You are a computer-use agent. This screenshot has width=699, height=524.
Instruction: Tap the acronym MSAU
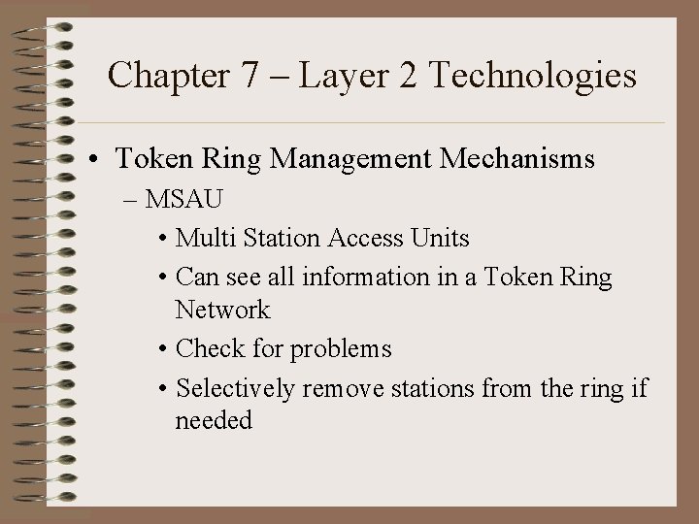184,201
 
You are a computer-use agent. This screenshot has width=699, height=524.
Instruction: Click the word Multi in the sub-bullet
202,238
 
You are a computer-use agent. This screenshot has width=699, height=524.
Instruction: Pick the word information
364,277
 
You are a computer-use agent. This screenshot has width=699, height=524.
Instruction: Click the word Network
222,311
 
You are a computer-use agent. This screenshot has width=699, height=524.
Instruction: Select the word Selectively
236,388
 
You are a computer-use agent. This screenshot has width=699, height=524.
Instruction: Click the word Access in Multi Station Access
370,238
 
